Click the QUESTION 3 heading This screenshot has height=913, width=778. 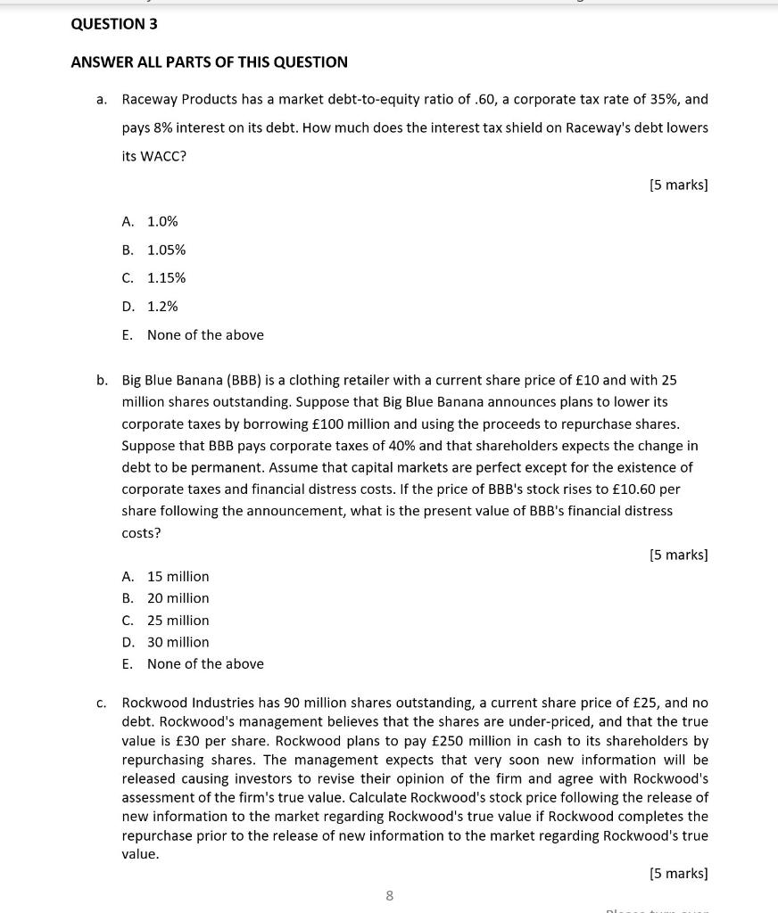(x=114, y=24)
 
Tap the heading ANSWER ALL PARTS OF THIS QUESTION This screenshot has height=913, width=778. (x=209, y=62)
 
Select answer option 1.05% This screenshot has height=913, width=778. (x=166, y=250)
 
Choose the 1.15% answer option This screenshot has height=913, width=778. (x=166, y=278)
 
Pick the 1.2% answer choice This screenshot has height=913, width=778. (x=162, y=307)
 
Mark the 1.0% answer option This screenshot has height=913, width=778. (x=162, y=221)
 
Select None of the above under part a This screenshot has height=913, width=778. (x=205, y=335)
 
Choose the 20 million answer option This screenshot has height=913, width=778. (x=178, y=598)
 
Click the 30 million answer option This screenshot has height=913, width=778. (x=178, y=642)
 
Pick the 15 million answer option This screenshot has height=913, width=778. (x=178, y=577)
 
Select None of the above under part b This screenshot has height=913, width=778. (x=205, y=664)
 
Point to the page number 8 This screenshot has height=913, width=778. (x=389, y=895)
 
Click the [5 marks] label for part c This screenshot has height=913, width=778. (x=678, y=874)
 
